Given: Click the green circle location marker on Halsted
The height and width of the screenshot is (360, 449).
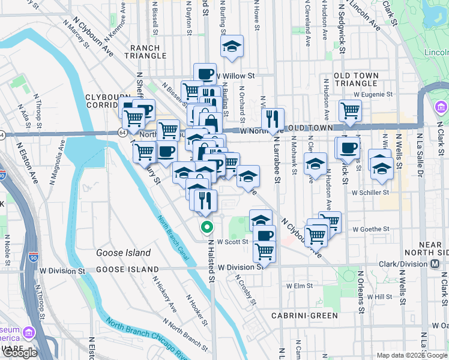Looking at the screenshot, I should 206,227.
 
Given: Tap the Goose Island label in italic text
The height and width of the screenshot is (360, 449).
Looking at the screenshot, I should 123,253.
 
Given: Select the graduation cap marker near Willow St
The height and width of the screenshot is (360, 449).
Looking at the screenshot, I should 231,46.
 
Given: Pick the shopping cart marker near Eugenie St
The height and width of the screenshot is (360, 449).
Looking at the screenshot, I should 349,110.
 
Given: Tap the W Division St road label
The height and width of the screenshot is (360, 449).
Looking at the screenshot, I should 241,268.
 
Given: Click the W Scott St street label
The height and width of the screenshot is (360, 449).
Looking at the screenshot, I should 232,242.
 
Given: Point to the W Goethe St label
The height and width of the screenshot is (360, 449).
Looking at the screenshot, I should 371,229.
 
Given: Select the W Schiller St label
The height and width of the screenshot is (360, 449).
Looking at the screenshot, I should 371,193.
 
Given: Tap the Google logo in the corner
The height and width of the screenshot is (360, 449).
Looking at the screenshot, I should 20,352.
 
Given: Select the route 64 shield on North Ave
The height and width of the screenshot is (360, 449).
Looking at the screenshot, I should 122,132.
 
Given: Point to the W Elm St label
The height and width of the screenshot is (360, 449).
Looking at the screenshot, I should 298,286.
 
